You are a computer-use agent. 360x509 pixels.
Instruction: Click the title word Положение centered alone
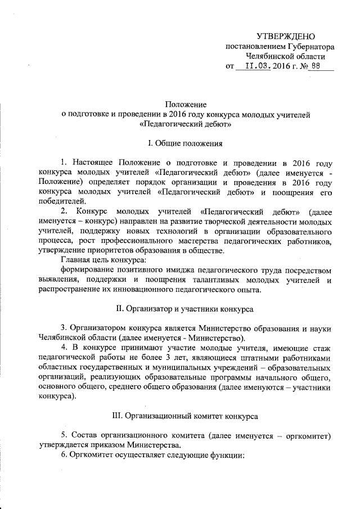[x=186, y=105]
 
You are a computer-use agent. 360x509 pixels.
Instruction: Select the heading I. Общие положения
[x=185, y=143]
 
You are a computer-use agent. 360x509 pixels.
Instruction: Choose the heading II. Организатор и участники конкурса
[x=185, y=308]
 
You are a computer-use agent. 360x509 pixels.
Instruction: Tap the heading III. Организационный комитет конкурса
[x=186, y=416]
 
